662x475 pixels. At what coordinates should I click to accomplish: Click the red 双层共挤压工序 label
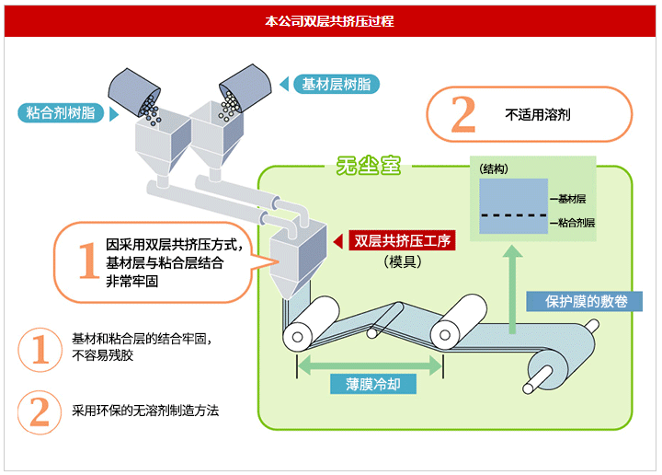(x=402, y=241)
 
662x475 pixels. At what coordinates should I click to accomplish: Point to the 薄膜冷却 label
(x=370, y=384)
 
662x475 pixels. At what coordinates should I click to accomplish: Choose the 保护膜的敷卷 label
(x=581, y=302)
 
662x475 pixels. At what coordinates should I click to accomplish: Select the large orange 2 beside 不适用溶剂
(x=463, y=115)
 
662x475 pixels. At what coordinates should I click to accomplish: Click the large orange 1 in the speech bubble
(x=87, y=262)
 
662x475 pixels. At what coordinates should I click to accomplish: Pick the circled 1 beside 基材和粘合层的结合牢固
(x=40, y=347)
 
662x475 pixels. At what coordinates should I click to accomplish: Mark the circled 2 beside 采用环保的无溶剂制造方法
(x=40, y=411)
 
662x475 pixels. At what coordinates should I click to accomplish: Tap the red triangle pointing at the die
(x=337, y=241)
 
